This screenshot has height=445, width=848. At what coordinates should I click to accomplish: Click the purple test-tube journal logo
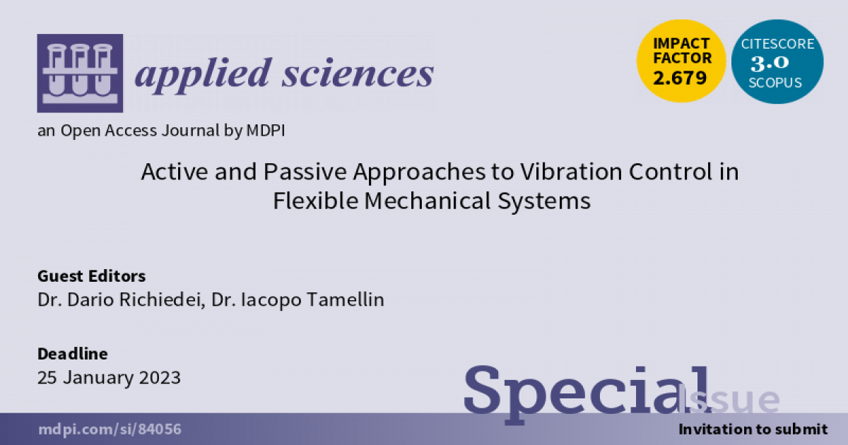(x=80, y=73)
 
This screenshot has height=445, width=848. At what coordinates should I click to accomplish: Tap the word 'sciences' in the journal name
(x=358, y=73)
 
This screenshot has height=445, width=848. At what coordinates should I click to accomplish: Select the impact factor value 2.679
(x=680, y=78)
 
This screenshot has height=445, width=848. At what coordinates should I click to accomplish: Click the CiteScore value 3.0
(x=770, y=63)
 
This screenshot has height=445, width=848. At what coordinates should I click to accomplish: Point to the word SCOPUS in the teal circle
(x=775, y=83)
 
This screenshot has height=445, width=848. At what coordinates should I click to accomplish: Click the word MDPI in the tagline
(x=266, y=131)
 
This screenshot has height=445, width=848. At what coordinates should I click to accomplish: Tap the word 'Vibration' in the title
(x=571, y=172)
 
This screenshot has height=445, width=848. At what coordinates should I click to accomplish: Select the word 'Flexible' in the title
(x=315, y=201)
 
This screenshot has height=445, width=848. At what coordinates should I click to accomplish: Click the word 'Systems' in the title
(x=544, y=201)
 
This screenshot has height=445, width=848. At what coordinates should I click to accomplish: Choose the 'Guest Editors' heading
(x=92, y=276)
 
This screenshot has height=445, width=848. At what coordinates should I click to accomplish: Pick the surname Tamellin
(x=346, y=299)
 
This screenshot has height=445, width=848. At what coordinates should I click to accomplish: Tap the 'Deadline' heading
(x=73, y=354)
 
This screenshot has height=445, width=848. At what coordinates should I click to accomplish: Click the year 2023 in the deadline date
(x=160, y=378)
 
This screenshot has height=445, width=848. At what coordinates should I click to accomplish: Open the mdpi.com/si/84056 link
(x=110, y=429)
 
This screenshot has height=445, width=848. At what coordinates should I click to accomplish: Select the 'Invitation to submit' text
(x=753, y=429)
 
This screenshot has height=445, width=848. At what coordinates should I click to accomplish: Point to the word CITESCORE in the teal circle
(x=777, y=44)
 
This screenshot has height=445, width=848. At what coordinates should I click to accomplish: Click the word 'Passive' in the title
(x=305, y=172)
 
